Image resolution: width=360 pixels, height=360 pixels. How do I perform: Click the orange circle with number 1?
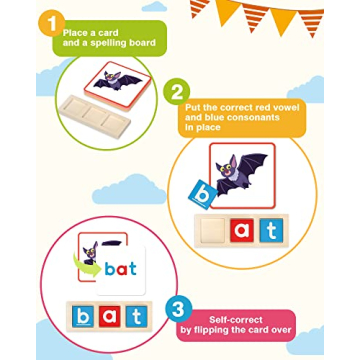pos(51,24)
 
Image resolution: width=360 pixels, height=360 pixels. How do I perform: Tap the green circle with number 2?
pos(176,91)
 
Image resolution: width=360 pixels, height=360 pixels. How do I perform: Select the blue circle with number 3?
pos(178,310)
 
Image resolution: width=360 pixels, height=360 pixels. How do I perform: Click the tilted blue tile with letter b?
pos(203,195)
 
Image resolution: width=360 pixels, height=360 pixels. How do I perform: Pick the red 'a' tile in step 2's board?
pos(242,230)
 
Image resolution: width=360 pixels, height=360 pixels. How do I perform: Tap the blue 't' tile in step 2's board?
pos(271,230)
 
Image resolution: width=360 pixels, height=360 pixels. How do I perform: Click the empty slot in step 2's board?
pos(213,230)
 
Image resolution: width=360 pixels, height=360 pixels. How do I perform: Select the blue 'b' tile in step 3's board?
pos(83,317)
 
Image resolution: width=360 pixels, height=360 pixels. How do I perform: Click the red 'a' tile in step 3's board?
pos(109,317)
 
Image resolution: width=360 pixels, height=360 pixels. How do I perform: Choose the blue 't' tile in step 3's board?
pos(136,317)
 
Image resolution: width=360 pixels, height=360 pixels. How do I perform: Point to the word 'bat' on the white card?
pos(121,269)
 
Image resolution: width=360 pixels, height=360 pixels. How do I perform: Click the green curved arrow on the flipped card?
pos(86,265)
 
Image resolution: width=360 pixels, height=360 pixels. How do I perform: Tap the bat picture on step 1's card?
pos(118,81)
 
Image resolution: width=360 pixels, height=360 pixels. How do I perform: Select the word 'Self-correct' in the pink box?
pos(235,320)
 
